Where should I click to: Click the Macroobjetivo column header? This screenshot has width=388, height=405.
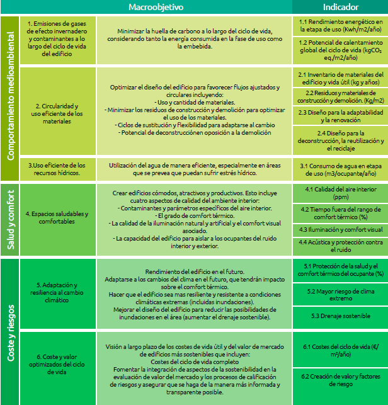pyautogui.click(x=156, y=7)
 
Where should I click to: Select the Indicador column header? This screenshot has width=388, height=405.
pyautogui.click(x=340, y=7)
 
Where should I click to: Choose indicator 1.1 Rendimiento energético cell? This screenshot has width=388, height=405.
pyautogui.click(x=340, y=25)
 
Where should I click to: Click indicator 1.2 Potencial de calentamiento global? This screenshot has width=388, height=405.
pyautogui.click(x=340, y=49)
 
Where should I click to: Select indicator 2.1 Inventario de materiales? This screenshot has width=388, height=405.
pyautogui.click(x=340, y=78)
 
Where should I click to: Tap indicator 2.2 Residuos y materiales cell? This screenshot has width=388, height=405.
pyautogui.click(x=340, y=96)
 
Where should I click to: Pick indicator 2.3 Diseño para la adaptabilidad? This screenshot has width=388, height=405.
pyautogui.click(x=340, y=115)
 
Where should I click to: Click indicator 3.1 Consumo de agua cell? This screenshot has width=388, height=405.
pyautogui.click(x=340, y=168)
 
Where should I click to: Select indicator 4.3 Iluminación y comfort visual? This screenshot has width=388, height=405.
pyautogui.click(x=340, y=229)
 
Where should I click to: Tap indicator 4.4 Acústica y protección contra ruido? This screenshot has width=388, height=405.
pyautogui.click(x=340, y=245)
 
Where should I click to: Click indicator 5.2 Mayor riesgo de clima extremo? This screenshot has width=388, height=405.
pyautogui.click(x=340, y=294)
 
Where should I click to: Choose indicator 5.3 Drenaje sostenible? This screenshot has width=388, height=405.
pyautogui.click(x=340, y=316)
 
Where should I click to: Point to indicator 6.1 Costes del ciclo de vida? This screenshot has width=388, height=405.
pyautogui.click(x=340, y=350)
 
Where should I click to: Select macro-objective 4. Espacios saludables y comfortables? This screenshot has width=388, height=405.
pyautogui.click(x=57, y=217)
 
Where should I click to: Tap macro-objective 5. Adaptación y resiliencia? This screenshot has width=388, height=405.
pyautogui.click(x=57, y=293)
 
